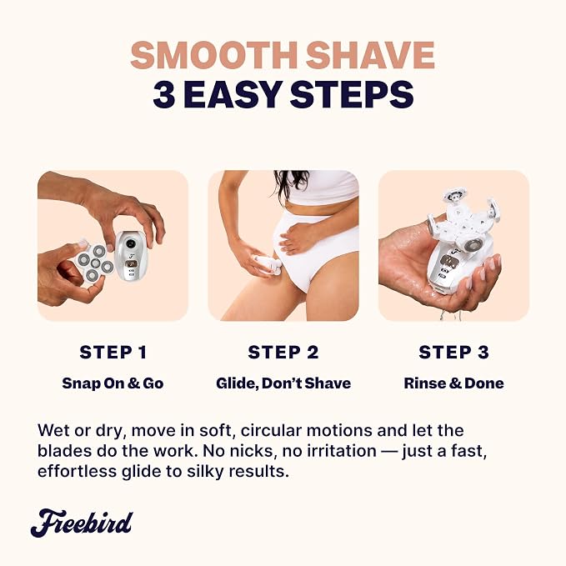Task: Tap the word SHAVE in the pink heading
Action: pos(371,55)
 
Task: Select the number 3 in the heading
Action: pos(164,94)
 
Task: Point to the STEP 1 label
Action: pos(113,353)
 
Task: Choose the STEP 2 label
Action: pos(283,353)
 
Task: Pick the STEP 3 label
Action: pos(453,353)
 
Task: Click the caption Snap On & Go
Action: pos(113,383)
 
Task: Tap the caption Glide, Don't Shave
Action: pos(283,383)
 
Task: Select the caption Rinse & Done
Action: pos(453,383)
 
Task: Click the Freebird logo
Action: pos(82,523)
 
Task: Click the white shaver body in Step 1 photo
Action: pos(131,257)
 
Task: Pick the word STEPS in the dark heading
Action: pos(353,94)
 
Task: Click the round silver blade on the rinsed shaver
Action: pos(473,245)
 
